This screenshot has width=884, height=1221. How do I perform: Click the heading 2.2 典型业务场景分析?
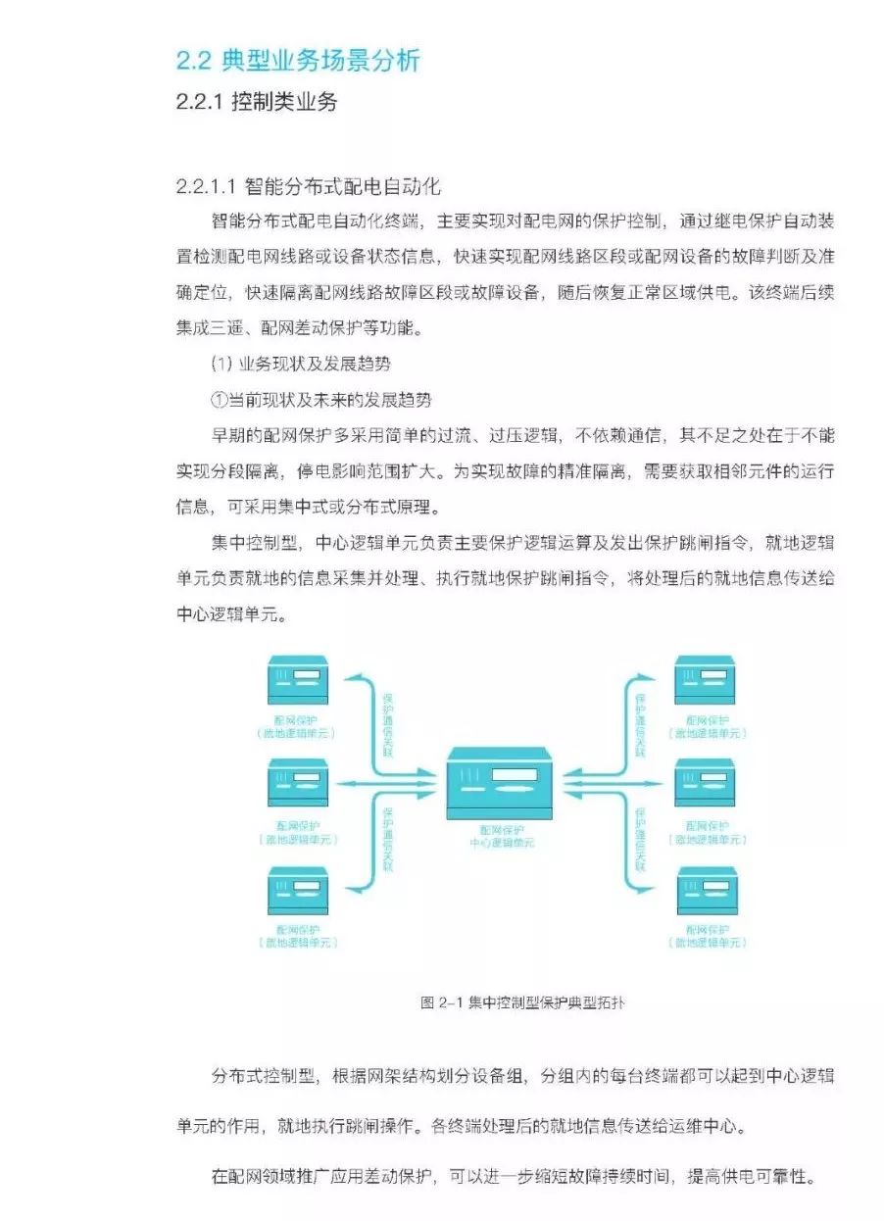[x=298, y=61]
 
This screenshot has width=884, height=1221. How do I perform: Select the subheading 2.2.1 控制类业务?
[x=256, y=101]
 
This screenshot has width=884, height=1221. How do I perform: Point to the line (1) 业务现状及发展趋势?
[x=301, y=364]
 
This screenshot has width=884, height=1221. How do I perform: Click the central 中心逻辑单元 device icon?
[x=498, y=784]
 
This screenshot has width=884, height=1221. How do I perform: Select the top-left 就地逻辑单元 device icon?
[x=298, y=680]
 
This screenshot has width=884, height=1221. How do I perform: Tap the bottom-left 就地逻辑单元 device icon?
[x=298, y=891]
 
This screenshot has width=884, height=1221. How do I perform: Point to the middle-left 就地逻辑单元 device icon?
[x=298, y=784]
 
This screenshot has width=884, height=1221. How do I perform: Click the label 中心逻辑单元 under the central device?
[x=499, y=843]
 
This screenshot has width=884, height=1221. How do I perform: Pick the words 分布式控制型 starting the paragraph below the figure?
[x=262, y=1076]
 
